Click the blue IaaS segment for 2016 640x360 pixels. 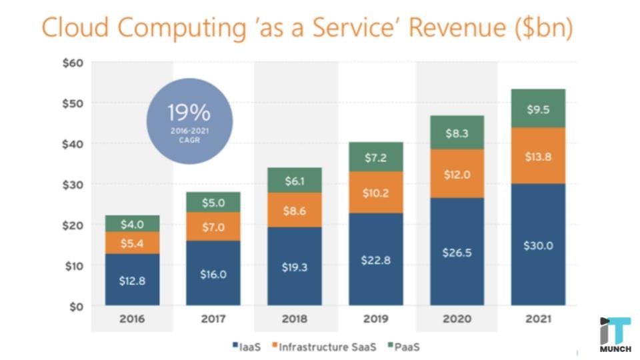[132, 279]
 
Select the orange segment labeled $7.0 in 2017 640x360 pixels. [213, 227]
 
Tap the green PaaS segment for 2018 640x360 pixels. [294, 180]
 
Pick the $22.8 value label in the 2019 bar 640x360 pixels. [375, 259]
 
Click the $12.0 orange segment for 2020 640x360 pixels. [457, 173]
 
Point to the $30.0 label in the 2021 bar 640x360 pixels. [538, 245]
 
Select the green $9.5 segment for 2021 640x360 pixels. [538, 109]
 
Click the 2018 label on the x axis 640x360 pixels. [294, 319]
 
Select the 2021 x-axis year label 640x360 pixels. [538, 319]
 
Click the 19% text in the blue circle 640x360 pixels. [189, 111]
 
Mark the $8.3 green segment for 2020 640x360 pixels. [457, 133]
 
